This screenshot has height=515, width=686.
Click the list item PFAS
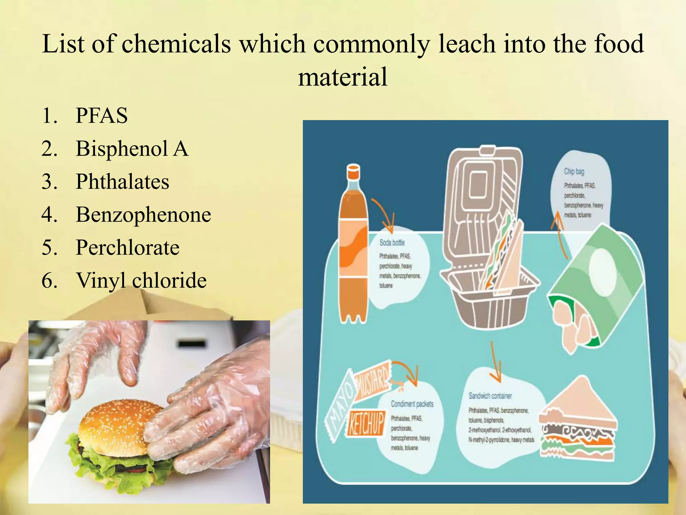pyautogui.click(x=101, y=116)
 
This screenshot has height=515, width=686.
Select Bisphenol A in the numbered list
pyautogui.click(x=132, y=149)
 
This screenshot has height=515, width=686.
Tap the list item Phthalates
pyautogui.click(x=122, y=181)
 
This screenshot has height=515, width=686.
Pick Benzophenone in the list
pyautogui.click(x=143, y=214)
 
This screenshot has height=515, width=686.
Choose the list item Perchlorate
pyautogui.click(x=127, y=247)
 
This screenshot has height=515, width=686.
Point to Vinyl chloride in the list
pyautogui.click(x=141, y=280)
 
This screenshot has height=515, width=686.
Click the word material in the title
pyautogui.click(x=343, y=77)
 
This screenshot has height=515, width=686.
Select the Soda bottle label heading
pyautogui.click(x=392, y=243)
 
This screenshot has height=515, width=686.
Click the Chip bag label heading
pyautogui.click(x=574, y=172)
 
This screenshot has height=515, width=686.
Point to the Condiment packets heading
pyautogui.click(x=412, y=404)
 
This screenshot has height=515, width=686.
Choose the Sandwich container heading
pyautogui.click(x=490, y=396)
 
